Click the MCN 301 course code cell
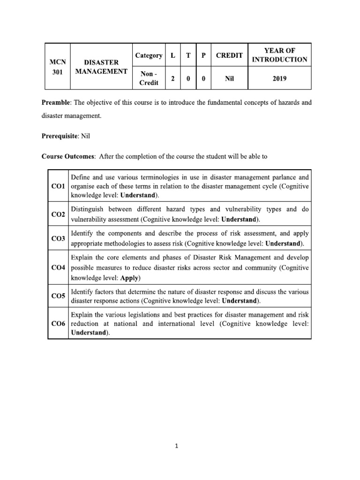58,67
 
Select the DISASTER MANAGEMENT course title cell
101,67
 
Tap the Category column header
149,55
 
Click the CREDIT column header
229,55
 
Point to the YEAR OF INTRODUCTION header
279,55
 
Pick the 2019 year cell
279,79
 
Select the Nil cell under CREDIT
229,79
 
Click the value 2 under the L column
173,79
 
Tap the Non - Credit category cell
149,78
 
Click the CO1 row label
58,186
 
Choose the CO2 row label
58,214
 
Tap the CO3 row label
58,239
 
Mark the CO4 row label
58,268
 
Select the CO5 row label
58,296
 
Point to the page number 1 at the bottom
177,447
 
